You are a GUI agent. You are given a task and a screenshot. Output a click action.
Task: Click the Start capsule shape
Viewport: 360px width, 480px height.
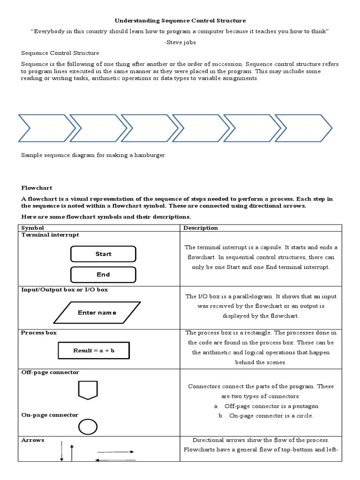(x=103, y=254)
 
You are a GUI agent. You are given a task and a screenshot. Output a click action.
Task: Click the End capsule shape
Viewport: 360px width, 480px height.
(x=103, y=275)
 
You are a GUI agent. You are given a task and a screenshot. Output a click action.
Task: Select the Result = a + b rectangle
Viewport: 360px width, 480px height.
(x=94, y=350)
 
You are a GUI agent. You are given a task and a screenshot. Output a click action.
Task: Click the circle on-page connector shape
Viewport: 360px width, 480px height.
(x=88, y=427)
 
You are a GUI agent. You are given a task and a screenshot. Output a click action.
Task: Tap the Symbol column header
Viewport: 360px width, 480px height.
(x=32, y=228)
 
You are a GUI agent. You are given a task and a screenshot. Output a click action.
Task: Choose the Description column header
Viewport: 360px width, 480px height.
(x=201, y=228)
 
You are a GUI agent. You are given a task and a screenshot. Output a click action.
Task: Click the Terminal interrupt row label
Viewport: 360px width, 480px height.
(x=50, y=235)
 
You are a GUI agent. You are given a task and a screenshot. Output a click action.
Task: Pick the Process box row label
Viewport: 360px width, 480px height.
(x=39, y=332)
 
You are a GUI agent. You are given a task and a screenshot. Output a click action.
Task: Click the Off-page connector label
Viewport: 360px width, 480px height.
(x=50, y=372)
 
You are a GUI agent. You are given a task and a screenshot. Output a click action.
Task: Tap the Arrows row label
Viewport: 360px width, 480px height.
(x=33, y=440)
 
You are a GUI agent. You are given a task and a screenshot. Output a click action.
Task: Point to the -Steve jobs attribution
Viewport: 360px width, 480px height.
(x=180, y=42)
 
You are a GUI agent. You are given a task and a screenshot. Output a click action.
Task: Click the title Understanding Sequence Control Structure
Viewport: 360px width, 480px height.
(x=180, y=21)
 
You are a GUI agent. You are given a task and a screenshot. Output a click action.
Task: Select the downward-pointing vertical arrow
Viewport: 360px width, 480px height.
(x=62, y=451)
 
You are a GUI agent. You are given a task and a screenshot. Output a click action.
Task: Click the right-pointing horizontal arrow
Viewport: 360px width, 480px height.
(x=115, y=452)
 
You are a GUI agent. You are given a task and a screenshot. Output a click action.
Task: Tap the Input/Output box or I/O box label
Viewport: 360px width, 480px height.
(x=65, y=290)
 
